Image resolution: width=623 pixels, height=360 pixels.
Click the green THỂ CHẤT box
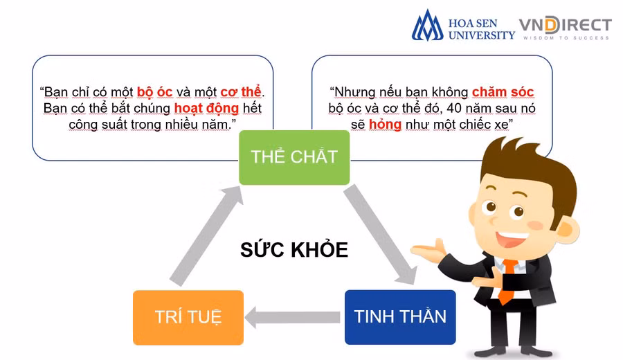click(x=294, y=157)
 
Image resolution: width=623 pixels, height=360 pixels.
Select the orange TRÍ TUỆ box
click(x=188, y=318)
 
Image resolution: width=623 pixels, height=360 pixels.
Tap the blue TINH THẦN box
click(x=400, y=317)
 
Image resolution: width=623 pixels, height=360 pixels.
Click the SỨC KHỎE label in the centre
click(x=294, y=250)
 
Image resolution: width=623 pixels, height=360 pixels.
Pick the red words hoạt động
click(x=206, y=109)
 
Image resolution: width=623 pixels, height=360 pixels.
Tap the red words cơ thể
click(x=242, y=91)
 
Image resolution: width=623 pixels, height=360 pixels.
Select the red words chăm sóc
click(x=503, y=91)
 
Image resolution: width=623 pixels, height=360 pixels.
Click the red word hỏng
click(x=386, y=125)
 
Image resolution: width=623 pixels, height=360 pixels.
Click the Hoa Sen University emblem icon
click(x=427, y=26)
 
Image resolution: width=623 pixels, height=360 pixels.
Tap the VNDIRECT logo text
click(x=566, y=26)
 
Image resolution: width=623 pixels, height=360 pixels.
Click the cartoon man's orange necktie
click(x=509, y=280)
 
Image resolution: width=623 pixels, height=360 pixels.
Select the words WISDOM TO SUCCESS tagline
click(x=566, y=38)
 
